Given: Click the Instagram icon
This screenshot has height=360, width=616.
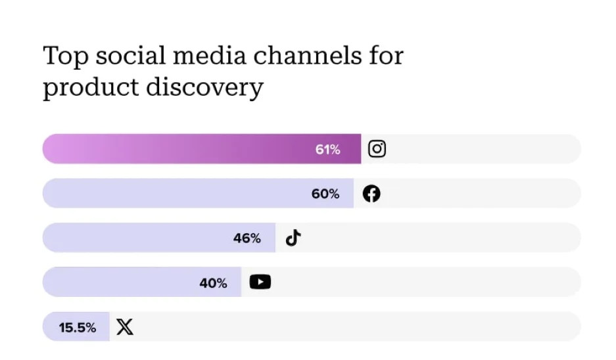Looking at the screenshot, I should [377, 149].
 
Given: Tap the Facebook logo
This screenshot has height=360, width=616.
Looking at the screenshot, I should [371, 194].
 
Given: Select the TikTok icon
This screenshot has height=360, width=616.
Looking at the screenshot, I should [293, 238].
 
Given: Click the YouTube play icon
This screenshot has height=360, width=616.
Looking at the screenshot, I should [260, 282].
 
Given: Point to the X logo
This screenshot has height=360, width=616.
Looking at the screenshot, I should [125, 327].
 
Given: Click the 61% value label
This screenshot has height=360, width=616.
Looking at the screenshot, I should [327, 150].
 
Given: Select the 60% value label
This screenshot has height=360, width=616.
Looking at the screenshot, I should [325, 194].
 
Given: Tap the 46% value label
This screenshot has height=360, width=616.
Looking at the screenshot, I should [247, 238].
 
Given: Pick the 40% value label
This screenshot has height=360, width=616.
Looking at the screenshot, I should [213, 283].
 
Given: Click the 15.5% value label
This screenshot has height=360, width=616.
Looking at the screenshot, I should [78, 327].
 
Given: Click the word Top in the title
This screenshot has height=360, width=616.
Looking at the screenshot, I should [65, 56].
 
